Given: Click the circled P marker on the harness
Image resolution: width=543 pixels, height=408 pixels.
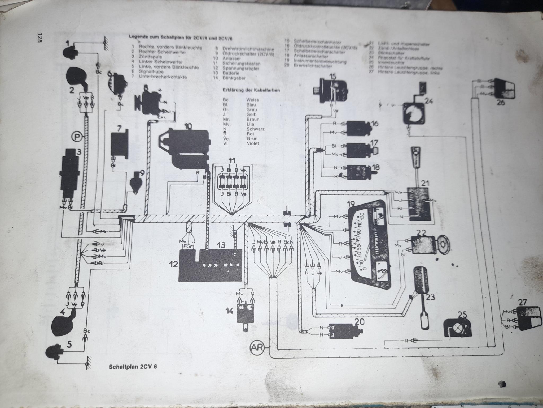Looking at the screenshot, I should coord(77,137).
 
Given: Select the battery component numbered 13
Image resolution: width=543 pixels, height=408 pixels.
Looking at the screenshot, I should coord(221,263).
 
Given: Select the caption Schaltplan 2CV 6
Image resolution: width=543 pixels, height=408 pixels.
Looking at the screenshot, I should coord(133,367).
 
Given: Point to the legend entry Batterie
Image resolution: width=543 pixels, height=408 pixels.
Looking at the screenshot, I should coord(231,73).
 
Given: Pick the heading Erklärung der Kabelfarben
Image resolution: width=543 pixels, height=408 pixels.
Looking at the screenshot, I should coord(251,90).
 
